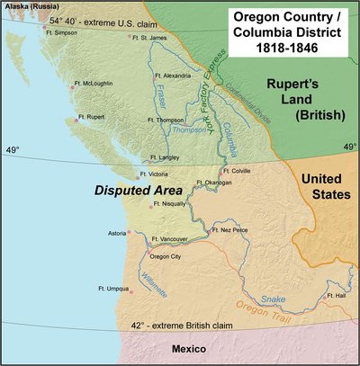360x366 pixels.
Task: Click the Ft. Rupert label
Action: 92,117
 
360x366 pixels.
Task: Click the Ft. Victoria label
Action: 155,175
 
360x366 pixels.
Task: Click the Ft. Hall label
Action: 337,294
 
